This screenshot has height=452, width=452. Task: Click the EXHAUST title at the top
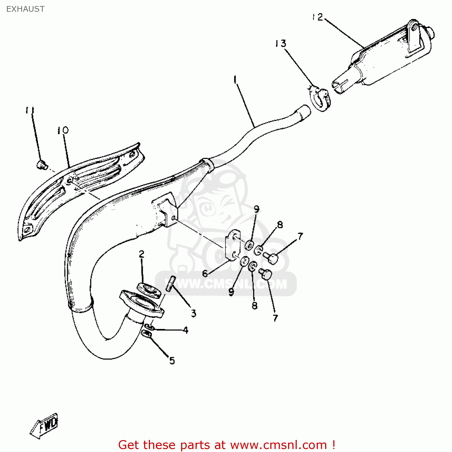click(x=25, y=9)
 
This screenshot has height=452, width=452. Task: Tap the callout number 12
click(x=318, y=17)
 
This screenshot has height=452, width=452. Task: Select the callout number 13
click(x=281, y=44)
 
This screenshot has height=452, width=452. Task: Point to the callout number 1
click(x=235, y=80)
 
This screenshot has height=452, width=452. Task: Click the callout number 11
click(x=30, y=110)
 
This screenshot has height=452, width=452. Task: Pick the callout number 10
click(x=63, y=130)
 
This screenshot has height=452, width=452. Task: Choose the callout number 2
click(x=142, y=254)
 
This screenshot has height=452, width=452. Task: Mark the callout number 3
click(x=193, y=313)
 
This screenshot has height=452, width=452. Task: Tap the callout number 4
click(x=186, y=330)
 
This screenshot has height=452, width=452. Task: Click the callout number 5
click(x=172, y=360)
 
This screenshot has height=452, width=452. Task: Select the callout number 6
click(x=205, y=273)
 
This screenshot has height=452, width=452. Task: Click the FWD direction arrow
click(x=44, y=425)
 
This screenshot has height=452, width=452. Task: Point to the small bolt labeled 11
click(x=42, y=165)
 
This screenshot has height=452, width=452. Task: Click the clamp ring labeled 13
click(x=320, y=98)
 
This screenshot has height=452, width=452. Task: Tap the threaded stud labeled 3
click(x=170, y=283)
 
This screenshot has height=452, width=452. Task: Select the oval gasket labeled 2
click(x=149, y=290)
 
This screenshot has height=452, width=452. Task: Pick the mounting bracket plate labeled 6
click(x=233, y=245)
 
